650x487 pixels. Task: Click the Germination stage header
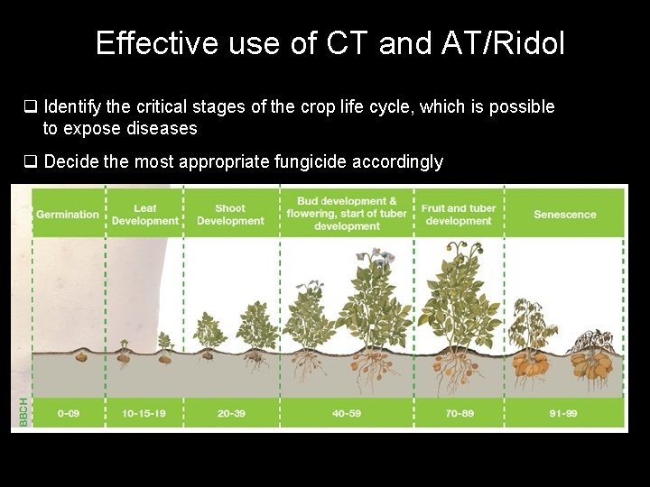click(x=68, y=215)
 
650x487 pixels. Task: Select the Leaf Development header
click(x=145, y=215)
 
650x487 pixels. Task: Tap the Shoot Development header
click(x=230, y=215)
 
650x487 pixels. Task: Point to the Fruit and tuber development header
click(x=459, y=215)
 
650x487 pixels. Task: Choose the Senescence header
click(x=565, y=215)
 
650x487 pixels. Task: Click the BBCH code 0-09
click(x=68, y=413)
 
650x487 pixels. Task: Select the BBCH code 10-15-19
click(x=145, y=413)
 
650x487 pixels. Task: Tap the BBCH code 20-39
click(x=230, y=413)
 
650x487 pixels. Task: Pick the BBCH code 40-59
click(x=347, y=413)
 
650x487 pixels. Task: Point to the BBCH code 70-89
click(x=459, y=413)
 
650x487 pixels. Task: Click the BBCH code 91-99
click(x=565, y=413)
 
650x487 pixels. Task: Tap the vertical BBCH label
click(x=22, y=412)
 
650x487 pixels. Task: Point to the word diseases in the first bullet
click(x=162, y=129)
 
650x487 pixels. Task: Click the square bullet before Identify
click(x=30, y=107)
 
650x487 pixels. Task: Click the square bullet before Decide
click(x=30, y=162)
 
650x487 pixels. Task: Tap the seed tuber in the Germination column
click(x=80, y=356)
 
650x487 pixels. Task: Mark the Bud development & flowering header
click(x=347, y=214)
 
